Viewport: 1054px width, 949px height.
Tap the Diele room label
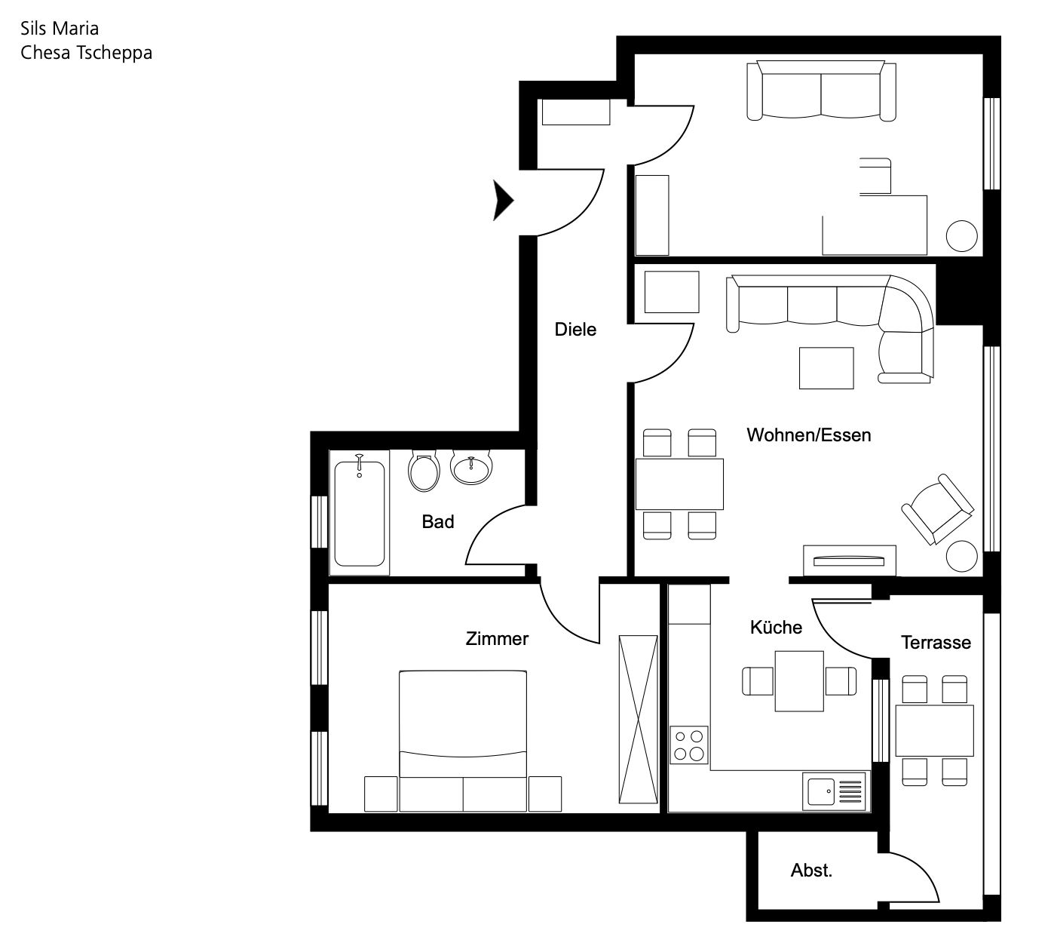tap(575, 330)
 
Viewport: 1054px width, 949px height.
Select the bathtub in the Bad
tap(360, 513)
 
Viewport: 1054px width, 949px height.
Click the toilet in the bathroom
tap(424, 471)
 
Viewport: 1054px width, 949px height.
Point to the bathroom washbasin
tap(471, 468)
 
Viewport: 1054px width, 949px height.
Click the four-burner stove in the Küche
tap(689, 745)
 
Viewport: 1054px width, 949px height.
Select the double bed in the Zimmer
tap(463, 742)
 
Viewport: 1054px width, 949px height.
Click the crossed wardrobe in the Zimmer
tap(639, 719)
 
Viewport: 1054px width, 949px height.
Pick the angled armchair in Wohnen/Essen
tap(938, 509)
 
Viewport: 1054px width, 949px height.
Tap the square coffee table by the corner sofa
tap(826, 368)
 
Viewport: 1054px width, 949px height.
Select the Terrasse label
tap(936, 643)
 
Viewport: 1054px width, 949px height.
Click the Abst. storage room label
tap(811, 871)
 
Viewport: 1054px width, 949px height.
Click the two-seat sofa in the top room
tap(821, 91)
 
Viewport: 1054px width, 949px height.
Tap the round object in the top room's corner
tap(961, 236)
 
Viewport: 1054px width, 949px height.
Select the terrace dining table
tap(934, 731)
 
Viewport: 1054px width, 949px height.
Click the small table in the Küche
tap(799, 681)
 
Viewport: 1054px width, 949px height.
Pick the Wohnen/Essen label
tap(809, 435)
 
